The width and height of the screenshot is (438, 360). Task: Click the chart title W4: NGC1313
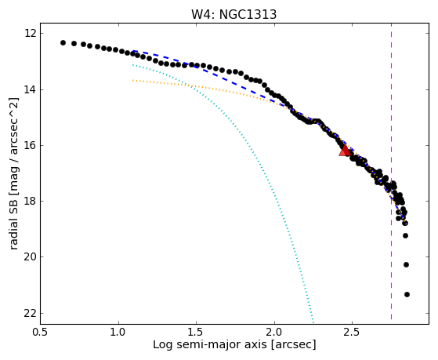pyautogui.click(x=233, y=14)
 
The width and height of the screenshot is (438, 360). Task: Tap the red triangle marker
pyautogui.click(x=345, y=151)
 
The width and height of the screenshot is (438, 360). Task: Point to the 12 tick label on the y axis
pyautogui.click(x=30, y=33)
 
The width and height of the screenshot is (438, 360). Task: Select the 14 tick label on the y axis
pyautogui.click(x=30, y=89)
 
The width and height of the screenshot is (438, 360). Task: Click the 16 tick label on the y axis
pyautogui.click(x=30, y=145)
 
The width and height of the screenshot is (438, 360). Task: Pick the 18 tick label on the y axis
pyautogui.click(x=30, y=201)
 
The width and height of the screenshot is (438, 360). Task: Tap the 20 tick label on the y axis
pyautogui.click(x=30, y=256)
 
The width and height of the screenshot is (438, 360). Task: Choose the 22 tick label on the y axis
pyautogui.click(x=30, y=313)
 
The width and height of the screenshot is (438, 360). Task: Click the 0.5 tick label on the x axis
pyautogui.click(x=41, y=332)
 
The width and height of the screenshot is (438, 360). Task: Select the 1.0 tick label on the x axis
pyautogui.click(x=118, y=332)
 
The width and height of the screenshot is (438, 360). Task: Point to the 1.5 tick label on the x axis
pyautogui.click(x=197, y=332)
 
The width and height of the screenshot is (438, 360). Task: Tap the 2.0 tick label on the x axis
pyautogui.click(x=274, y=332)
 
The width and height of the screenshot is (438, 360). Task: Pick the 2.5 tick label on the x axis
pyautogui.click(x=353, y=332)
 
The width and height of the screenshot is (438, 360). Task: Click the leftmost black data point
pyautogui.click(x=63, y=43)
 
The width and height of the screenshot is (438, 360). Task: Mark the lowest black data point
pyautogui.click(x=407, y=294)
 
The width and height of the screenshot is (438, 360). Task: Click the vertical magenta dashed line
pyautogui.click(x=391, y=171)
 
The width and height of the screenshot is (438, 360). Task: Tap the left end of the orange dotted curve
pyautogui.click(x=133, y=81)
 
